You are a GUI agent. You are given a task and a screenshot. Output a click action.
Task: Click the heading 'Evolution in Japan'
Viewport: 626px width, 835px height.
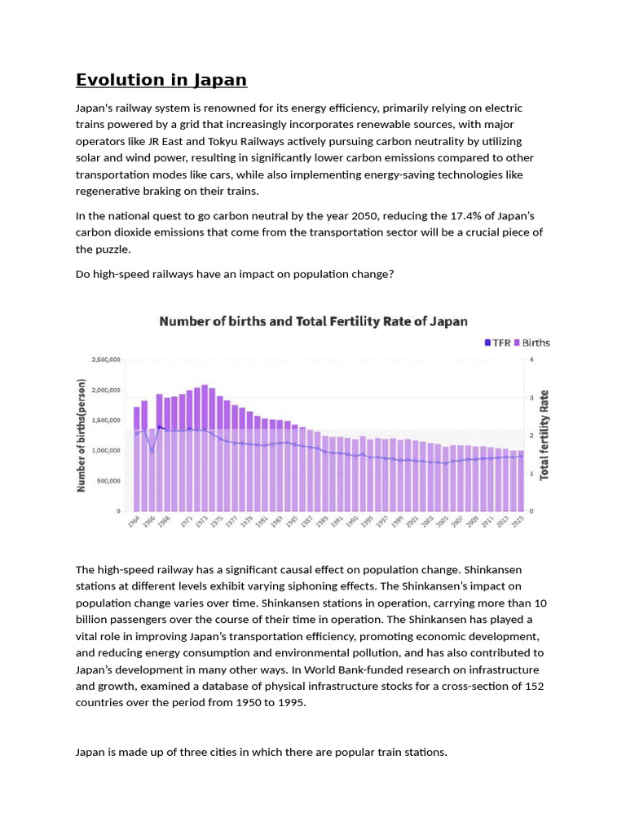point(161,80)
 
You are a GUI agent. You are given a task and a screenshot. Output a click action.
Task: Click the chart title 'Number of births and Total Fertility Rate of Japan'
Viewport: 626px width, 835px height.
point(313,321)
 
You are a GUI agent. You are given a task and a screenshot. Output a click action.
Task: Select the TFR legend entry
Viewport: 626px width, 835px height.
point(497,342)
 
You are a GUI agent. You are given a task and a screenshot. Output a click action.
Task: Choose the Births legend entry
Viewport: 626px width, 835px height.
point(531,342)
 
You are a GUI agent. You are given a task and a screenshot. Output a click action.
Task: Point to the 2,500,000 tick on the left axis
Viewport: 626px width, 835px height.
point(106,359)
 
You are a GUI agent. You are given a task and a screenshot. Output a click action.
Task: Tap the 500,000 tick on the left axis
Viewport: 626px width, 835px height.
point(108,480)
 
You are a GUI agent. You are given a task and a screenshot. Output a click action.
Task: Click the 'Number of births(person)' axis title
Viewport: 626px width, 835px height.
point(82,434)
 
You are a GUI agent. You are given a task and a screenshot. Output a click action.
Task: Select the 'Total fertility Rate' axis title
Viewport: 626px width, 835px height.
point(544,434)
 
